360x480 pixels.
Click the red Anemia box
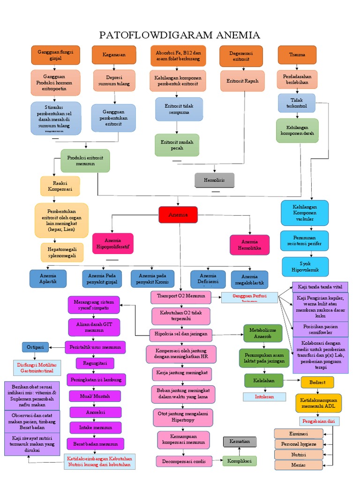pyautogui.click(x=178, y=215)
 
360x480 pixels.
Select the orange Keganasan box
pyautogui.click(x=114, y=55)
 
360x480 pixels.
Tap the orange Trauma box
pyautogui.click(x=297, y=55)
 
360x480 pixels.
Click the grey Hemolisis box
pyautogui.click(x=214, y=180)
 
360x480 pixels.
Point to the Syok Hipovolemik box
pyautogui.click(x=305, y=266)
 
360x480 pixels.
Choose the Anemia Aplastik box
pyautogui.click(x=48, y=278)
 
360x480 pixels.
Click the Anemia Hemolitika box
pyautogui.click(x=249, y=245)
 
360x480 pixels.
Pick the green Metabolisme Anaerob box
pyautogui.click(x=263, y=333)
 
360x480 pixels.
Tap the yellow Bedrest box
pyautogui.click(x=317, y=382)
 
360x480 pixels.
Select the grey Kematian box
pyautogui.click(x=240, y=442)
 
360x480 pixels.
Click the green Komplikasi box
pyautogui.click(x=240, y=461)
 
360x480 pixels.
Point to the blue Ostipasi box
pyautogui.click(x=35, y=347)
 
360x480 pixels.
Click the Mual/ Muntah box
pyautogui.click(x=95, y=396)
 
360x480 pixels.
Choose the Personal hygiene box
pyautogui.click(x=299, y=444)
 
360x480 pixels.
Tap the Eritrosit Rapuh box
pyautogui.click(x=242, y=81)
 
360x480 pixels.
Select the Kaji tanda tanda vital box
pyautogui.click(x=320, y=287)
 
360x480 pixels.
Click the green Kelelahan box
pyautogui.click(x=263, y=381)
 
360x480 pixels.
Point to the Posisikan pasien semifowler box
pyautogui.click(x=320, y=329)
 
